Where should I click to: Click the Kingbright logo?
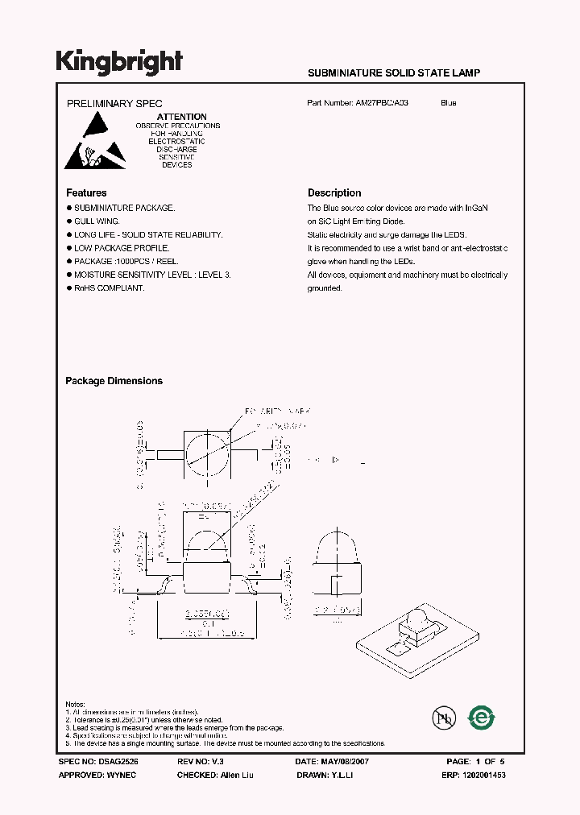pyautogui.click(x=119, y=61)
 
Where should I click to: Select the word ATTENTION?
pyautogui.click(x=181, y=117)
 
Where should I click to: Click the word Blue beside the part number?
pyautogui.click(x=449, y=103)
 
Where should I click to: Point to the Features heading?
pyautogui.click(x=86, y=193)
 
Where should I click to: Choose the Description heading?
pyautogui.click(x=334, y=193)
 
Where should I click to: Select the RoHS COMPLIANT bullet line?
pyautogui.click(x=110, y=288)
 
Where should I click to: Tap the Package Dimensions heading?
pyautogui.click(x=114, y=381)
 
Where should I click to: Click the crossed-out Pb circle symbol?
pyautogui.click(x=442, y=717)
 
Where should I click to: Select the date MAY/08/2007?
pyautogui.click(x=345, y=761)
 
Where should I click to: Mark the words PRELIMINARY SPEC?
pyautogui.click(x=114, y=103)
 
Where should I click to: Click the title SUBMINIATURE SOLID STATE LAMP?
pyautogui.click(x=394, y=72)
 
